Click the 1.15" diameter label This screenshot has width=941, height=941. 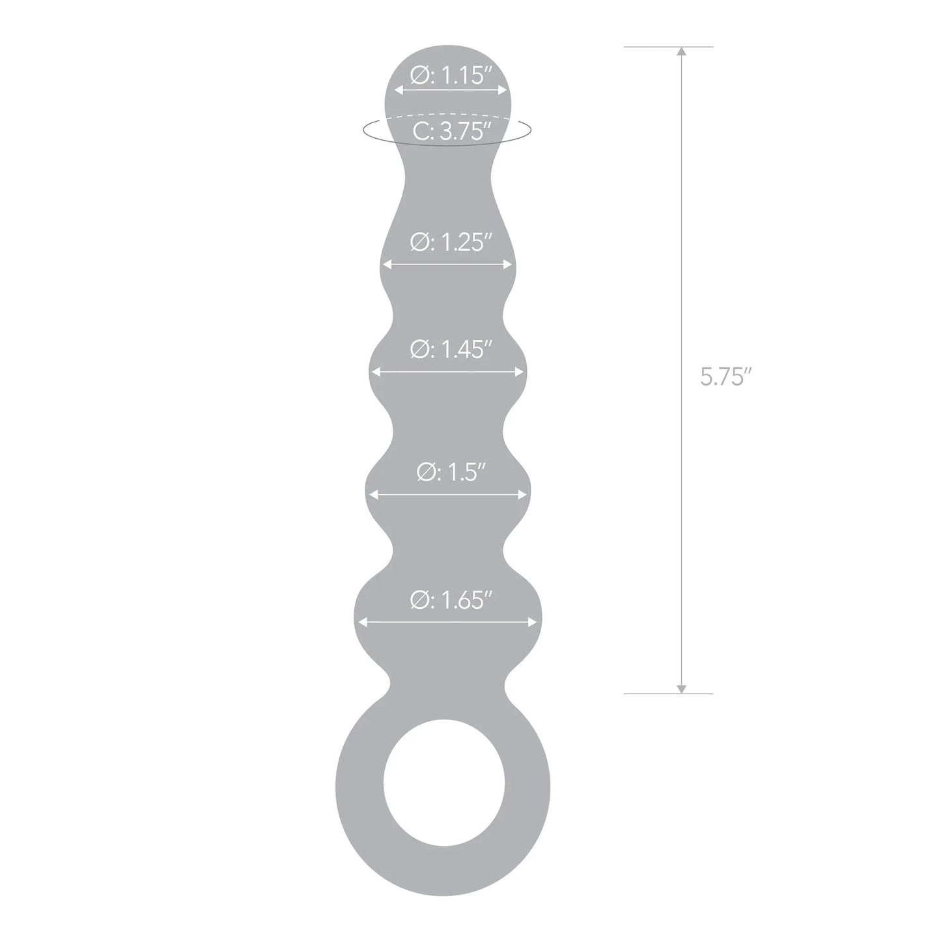pos(449,76)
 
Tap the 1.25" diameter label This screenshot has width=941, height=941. pos(449,243)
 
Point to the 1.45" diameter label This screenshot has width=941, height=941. pos(449,350)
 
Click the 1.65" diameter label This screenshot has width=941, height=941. pos(449,600)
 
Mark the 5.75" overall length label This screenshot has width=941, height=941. pos(722,377)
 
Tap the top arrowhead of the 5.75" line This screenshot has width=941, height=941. pos(681,53)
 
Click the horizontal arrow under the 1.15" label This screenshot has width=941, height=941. pos(449,92)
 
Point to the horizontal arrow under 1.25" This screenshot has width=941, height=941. pos(447,264)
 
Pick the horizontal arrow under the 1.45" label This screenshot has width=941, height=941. pos(447,372)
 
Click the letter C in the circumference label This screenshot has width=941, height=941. pos(421,132)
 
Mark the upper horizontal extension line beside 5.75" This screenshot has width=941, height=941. pos(668,47)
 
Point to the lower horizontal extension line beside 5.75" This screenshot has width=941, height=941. pos(668,694)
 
